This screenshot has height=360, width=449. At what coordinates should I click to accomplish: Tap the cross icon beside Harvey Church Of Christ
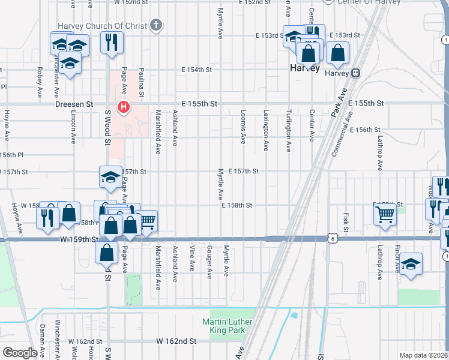(x=156, y=25)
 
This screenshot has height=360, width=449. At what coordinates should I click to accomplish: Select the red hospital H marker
(x=124, y=108)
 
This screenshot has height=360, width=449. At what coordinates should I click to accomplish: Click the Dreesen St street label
(x=74, y=104)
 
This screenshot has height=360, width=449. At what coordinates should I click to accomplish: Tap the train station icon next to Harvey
(x=356, y=73)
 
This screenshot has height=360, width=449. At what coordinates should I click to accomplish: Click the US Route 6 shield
(x=332, y=238)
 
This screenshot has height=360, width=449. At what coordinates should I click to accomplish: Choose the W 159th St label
(x=79, y=239)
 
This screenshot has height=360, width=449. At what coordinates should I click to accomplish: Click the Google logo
(x=20, y=352)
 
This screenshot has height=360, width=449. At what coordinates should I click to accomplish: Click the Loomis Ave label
(x=243, y=127)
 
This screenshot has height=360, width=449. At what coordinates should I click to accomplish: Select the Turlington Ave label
(x=289, y=129)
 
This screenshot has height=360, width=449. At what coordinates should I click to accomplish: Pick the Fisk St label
(x=346, y=222)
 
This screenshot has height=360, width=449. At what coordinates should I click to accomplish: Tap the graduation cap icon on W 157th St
(x=110, y=177)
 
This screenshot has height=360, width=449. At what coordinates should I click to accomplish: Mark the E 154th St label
(x=197, y=70)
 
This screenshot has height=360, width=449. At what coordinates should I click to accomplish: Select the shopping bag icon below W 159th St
(x=106, y=252)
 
